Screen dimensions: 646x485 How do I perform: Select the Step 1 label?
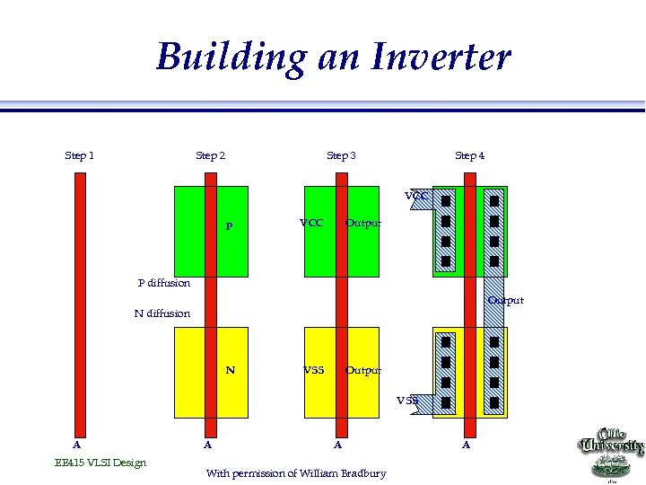click(80, 155)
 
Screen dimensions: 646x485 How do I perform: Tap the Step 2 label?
click(211, 155)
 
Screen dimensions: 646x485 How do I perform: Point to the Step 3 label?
click(341, 155)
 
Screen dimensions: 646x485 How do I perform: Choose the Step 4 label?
click(470, 155)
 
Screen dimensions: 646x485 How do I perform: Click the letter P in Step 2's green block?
click(229, 226)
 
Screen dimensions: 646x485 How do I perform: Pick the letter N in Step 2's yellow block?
click(231, 369)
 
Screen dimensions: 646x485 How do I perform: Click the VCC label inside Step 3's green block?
click(311, 223)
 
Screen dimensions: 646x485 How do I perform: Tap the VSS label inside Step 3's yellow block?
click(313, 369)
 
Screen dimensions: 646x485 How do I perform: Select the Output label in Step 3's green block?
click(363, 223)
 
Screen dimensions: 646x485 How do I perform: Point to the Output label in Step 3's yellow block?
click(363, 369)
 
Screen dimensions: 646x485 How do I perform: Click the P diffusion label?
click(163, 283)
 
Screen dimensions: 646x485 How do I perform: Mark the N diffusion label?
click(161, 313)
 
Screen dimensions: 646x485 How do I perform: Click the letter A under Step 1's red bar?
click(77, 444)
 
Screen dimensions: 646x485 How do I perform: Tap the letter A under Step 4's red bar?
click(467, 444)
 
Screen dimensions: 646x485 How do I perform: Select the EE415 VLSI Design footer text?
click(100, 463)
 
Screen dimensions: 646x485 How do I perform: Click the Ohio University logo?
click(613, 454)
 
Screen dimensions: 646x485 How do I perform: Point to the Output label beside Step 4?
click(506, 300)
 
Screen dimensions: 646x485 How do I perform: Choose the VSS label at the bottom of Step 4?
click(408, 401)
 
